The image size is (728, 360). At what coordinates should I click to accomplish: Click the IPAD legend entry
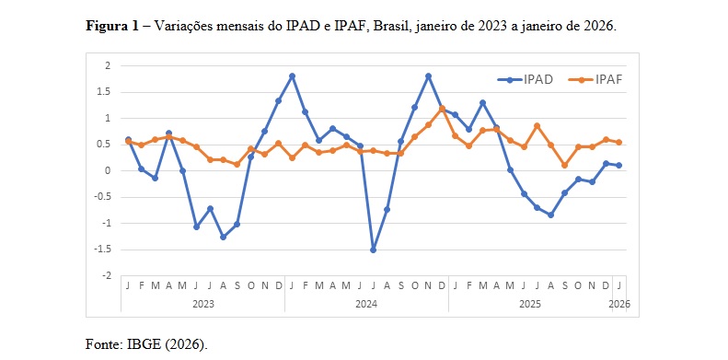pos(537,79)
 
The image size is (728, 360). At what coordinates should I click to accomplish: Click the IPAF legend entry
pos(608,79)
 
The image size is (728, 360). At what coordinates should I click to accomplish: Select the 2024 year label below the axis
pos(366,302)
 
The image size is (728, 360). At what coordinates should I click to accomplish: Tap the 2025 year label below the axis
pos(529,302)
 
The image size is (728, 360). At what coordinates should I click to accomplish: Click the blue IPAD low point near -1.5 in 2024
pos(374,250)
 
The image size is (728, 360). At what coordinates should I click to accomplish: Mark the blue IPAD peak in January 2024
pos(292,75)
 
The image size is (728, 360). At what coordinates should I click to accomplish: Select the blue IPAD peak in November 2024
pos(428,75)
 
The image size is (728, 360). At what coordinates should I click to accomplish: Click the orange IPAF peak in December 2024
pos(442,109)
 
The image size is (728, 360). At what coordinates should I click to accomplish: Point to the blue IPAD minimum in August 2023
pos(223,237)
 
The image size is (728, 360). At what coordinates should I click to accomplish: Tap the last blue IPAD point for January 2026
pos(618,166)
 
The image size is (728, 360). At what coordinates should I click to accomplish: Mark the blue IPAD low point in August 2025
pos(550,215)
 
